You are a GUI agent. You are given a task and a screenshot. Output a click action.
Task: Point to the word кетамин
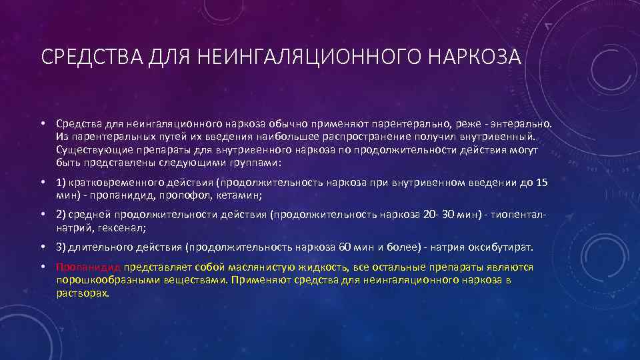pos(239,195)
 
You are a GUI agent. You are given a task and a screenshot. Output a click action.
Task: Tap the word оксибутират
pos(501,247)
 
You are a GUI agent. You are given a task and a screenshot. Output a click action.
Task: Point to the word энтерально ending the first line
pos(524,124)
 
